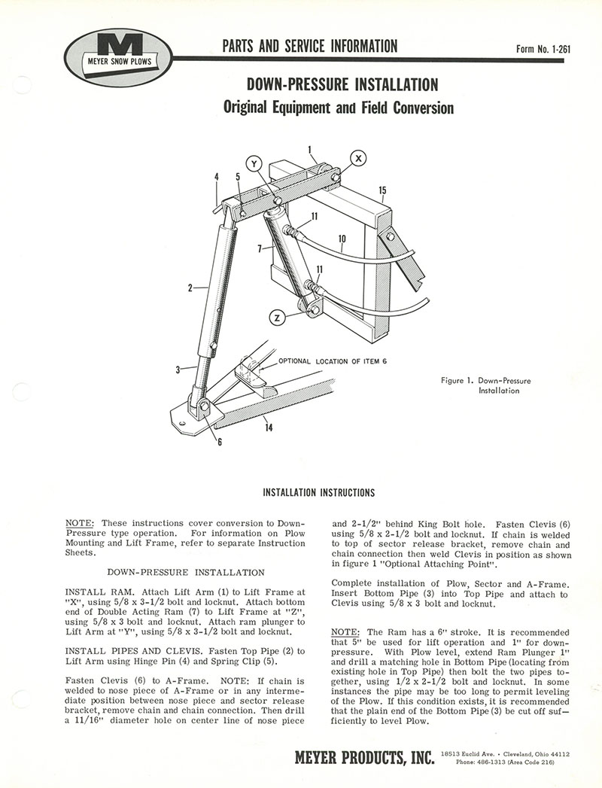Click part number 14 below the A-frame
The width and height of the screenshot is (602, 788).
(269, 429)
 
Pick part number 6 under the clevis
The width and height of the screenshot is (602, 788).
(220, 442)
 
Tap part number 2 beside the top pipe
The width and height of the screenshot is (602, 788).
(191, 287)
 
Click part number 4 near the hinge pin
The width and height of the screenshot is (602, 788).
(216, 178)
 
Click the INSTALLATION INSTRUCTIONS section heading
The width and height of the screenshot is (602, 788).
(318, 493)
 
